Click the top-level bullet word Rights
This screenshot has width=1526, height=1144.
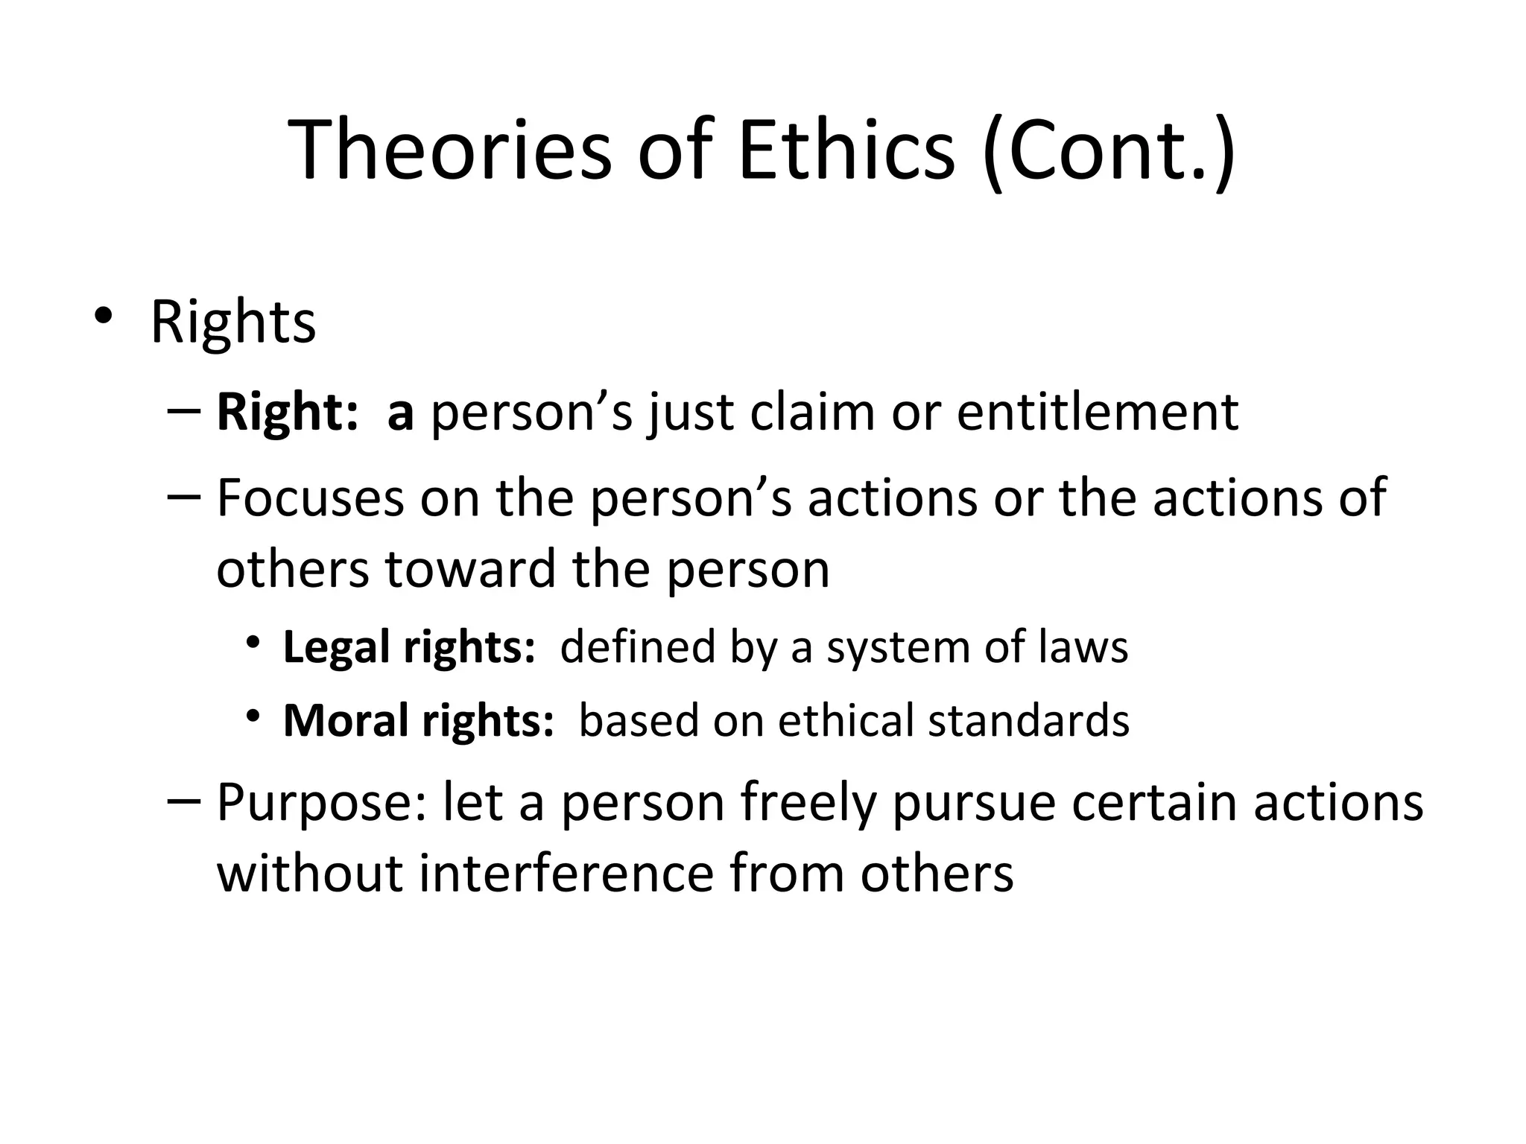tap(233, 322)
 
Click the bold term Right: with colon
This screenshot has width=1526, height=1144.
tap(288, 413)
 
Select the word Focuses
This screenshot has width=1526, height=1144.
tap(310, 498)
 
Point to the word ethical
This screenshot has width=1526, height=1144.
tap(846, 720)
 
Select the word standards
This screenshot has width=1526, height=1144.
tap(1028, 720)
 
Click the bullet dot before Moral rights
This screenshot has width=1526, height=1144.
tap(254, 716)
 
